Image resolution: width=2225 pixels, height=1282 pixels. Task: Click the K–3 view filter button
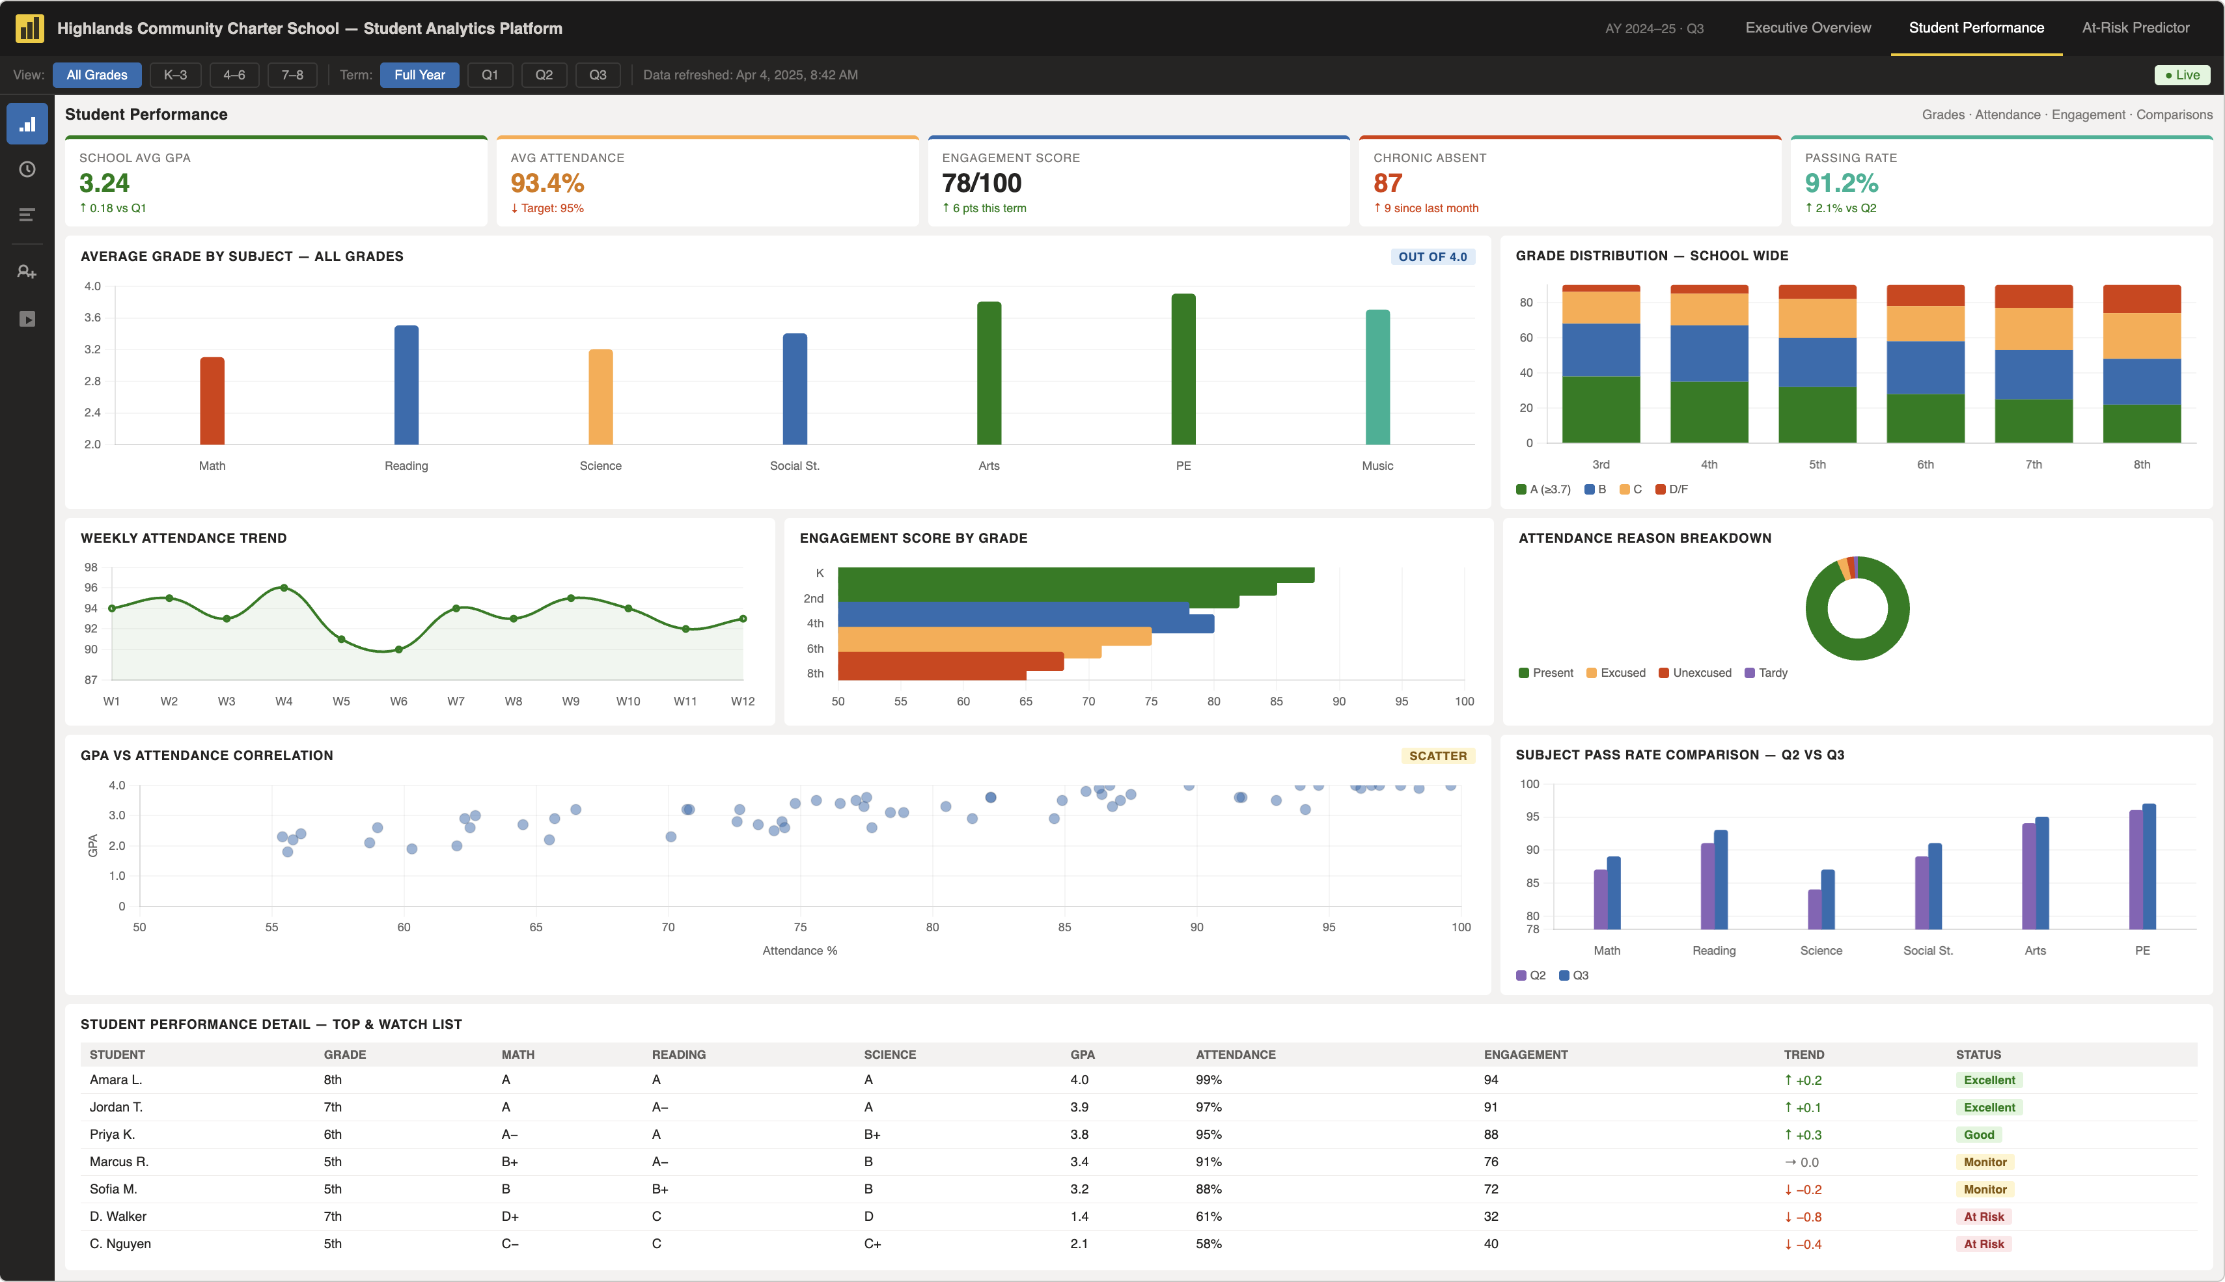[175, 75]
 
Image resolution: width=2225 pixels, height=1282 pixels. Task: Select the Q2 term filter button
[544, 75]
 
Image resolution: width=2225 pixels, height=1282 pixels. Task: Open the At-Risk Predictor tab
[2135, 28]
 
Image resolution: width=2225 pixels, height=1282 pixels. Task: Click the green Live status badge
[2182, 75]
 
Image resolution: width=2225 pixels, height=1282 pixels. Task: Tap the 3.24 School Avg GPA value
[104, 183]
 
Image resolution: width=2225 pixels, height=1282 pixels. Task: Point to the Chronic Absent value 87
[1388, 183]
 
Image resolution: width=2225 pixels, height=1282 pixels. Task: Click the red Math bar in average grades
[212, 401]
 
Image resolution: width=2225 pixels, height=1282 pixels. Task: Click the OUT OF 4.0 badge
[1433, 257]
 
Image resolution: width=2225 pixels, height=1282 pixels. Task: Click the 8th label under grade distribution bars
[2142, 465]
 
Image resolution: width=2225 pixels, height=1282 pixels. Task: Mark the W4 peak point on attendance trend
[284, 587]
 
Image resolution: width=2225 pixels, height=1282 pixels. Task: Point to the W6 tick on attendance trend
[399, 702]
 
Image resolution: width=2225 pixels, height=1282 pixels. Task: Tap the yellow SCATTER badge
[1438, 756]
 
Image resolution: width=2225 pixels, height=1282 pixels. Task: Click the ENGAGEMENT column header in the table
[1526, 1055]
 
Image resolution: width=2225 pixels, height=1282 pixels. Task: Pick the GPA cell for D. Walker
[1079, 1217]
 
